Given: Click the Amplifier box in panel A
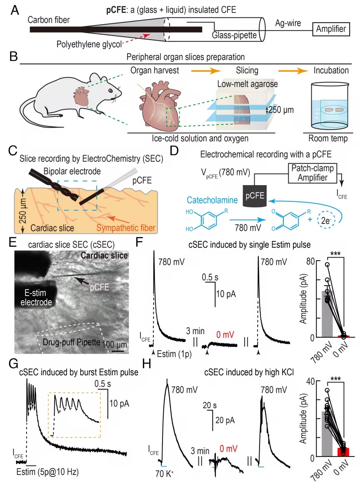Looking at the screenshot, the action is (331, 29).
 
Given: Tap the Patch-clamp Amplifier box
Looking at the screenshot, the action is (312, 173).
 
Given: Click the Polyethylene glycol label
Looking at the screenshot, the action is (89, 45).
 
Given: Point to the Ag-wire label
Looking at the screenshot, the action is (288, 23).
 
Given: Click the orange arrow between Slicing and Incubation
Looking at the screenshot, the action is (293, 71).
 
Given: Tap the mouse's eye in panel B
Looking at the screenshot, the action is (110, 90).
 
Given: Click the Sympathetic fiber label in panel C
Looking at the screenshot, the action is (126, 228).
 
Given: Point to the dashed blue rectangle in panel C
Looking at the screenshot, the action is (77, 196).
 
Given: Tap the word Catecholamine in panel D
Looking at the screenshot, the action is (212, 200).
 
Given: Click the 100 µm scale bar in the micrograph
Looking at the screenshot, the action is (117, 351).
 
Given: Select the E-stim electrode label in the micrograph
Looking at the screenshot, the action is (36, 297).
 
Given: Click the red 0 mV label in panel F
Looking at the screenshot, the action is (225, 334).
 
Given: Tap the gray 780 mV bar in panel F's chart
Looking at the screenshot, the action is (327, 314).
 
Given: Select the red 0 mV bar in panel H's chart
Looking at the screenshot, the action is (343, 452).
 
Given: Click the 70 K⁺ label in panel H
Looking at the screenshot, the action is (164, 474).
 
